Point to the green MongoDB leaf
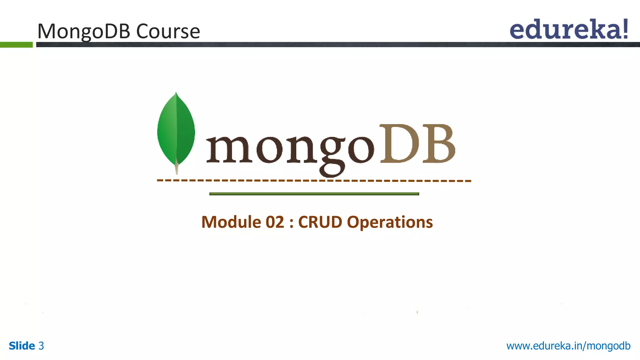click(x=176, y=130)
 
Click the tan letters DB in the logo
click(x=417, y=144)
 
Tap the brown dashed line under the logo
click(x=314, y=181)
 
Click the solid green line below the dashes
click(x=314, y=194)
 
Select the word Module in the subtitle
click(x=231, y=222)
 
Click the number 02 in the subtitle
click(x=275, y=222)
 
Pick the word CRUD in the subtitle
click(x=320, y=222)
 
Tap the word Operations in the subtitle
click(x=390, y=222)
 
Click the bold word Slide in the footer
click(x=22, y=346)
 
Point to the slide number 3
click(x=41, y=346)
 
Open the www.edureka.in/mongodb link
click(x=568, y=346)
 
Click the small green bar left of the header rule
click(x=16, y=45)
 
